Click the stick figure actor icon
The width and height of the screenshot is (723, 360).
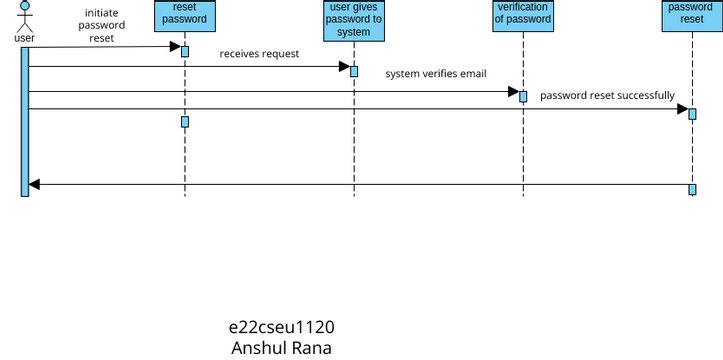point(24,16)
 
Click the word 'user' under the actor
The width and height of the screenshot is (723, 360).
point(24,38)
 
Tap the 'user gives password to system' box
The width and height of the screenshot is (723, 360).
point(354,20)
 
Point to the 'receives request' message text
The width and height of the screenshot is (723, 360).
point(259,54)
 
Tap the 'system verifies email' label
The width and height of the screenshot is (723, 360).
point(436,74)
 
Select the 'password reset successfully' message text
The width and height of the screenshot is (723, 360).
point(607,95)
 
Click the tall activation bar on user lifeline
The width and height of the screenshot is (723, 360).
point(25,121)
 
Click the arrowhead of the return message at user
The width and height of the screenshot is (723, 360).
point(34,184)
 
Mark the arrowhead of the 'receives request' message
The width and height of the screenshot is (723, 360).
point(343,67)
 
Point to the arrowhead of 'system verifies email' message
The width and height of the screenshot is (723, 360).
point(512,92)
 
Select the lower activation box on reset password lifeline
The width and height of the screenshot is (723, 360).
point(185,122)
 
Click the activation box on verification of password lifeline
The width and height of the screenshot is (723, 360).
point(523,96)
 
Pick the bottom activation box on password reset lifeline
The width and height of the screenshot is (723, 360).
point(692,189)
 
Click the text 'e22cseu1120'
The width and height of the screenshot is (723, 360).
point(281,328)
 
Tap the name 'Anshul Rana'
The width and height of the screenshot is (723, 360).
point(281,348)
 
